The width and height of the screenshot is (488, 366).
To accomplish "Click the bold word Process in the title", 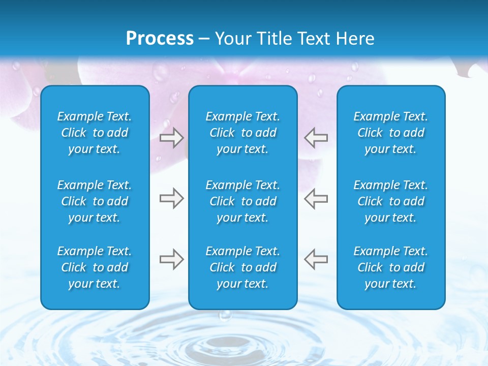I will pyautogui.click(x=160, y=39).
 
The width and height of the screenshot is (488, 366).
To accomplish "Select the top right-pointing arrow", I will pyautogui.click(x=171, y=138).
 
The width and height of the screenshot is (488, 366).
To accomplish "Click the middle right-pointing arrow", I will pyautogui.click(x=171, y=198).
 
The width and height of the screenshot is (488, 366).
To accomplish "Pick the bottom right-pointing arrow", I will pyautogui.click(x=171, y=259).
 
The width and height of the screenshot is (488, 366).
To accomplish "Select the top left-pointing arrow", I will pyautogui.click(x=316, y=138).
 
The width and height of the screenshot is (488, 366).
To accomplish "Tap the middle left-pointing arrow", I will pyautogui.click(x=316, y=198).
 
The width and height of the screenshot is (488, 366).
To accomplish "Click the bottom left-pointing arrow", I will pyautogui.click(x=316, y=259).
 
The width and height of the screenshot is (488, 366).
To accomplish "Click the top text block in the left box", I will pyautogui.click(x=95, y=133).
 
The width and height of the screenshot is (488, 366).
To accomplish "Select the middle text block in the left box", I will pyautogui.click(x=95, y=201).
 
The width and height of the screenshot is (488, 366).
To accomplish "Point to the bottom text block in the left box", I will pyautogui.click(x=95, y=267).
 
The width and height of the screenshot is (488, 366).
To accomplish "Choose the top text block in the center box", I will pyautogui.click(x=243, y=133).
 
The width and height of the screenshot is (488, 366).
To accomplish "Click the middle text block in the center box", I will pyautogui.click(x=243, y=201).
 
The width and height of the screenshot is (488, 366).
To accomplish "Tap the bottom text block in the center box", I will pyautogui.click(x=243, y=267).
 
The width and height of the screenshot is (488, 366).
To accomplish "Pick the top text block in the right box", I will pyautogui.click(x=391, y=133).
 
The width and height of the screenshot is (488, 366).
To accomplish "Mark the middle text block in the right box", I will pyautogui.click(x=391, y=201).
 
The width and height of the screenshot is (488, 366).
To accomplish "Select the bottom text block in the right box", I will pyautogui.click(x=391, y=267).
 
